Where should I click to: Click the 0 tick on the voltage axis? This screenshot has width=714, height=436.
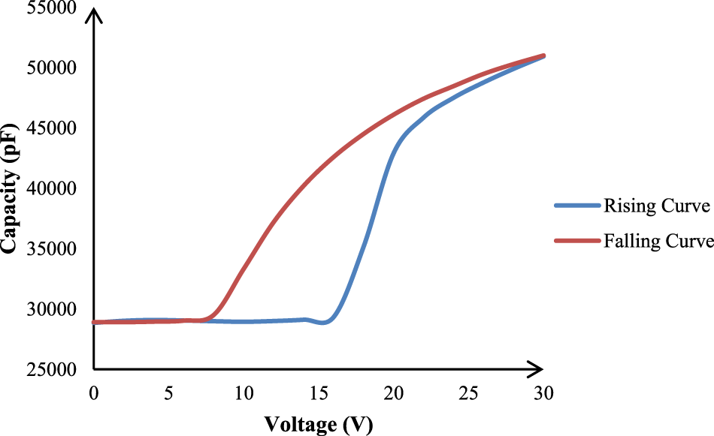(94, 393)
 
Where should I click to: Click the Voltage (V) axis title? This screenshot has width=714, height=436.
(318, 424)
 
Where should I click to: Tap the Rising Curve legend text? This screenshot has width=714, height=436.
(655, 205)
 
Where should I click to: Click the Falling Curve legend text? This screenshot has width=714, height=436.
(658, 241)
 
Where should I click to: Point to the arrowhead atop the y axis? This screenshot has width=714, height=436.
(94, 17)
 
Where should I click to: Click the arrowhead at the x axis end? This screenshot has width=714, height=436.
(535, 369)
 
